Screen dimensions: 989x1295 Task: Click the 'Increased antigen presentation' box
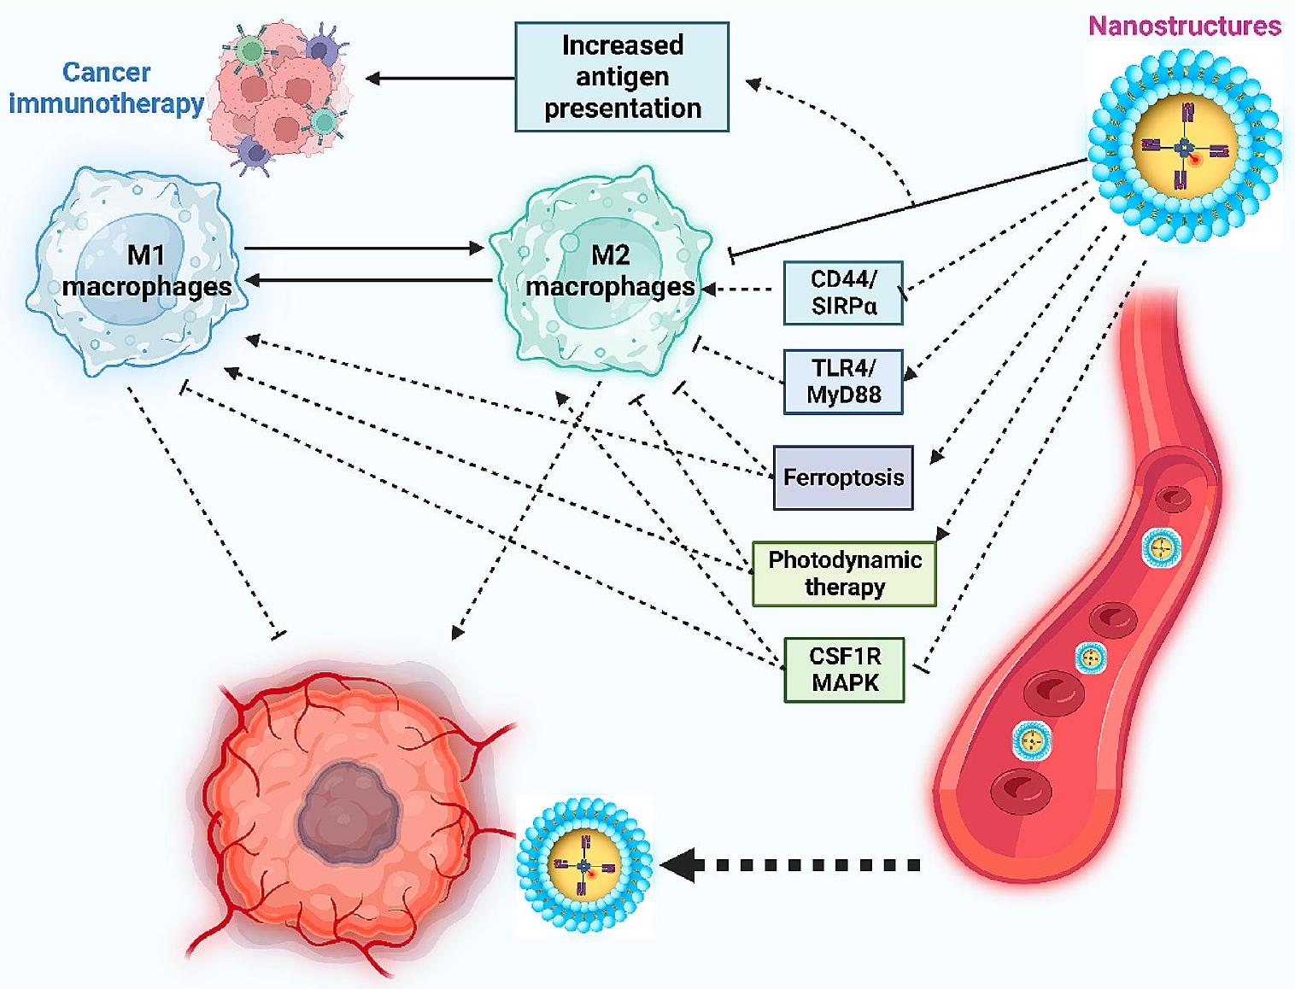[622, 77]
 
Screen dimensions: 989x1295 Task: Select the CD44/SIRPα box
[843, 293]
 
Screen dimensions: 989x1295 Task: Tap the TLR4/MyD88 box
[843, 381]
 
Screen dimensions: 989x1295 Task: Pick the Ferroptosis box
[843, 477]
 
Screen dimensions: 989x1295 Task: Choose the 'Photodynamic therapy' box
[844, 573]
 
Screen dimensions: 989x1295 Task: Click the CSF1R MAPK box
[844, 670]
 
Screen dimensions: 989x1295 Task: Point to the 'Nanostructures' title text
[1184, 26]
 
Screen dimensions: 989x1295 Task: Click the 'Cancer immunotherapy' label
[106, 88]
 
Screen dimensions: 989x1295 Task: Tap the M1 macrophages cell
[137, 272]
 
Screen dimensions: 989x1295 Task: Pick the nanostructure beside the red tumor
[585, 864]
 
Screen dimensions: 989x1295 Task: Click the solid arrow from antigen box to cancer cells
[440, 79]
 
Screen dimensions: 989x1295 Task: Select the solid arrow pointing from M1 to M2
[363, 249]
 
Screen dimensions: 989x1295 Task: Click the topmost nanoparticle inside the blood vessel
[1161, 547]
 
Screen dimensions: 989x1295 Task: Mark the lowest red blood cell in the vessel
[1022, 790]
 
